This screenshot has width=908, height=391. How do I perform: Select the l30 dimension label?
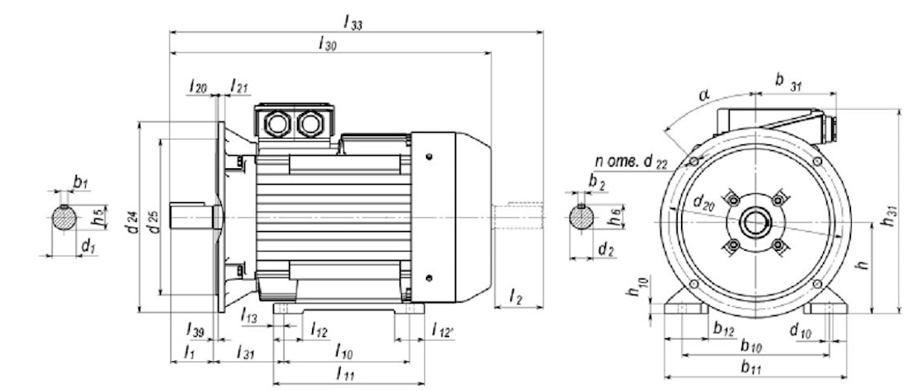(328, 45)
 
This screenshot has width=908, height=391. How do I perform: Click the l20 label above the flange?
(197, 86)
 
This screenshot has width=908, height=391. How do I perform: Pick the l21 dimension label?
(239, 86)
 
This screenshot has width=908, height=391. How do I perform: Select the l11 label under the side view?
(347, 374)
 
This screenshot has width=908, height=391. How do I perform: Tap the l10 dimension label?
(344, 353)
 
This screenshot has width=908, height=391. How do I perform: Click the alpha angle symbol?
(703, 96)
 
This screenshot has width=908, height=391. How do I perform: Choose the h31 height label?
(890, 216)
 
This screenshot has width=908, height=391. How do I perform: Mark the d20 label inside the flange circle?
(704, 200)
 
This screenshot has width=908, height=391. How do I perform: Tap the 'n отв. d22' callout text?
(631, 161)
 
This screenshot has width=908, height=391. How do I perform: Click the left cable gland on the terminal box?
(275, 124)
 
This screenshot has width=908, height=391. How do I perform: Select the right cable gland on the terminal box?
(310, 124)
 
